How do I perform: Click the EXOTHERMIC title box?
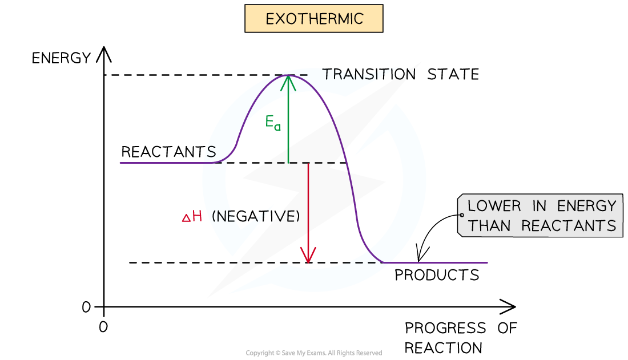pyautogui.click(x=313, y=19)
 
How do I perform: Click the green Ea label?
pyautogui.click(x=273, y=123)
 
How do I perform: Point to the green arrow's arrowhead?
pyautogui.click(x=288, y=82)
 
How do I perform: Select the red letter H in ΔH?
pyautogui.click(x=197, y=217)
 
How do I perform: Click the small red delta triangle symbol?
pyautogui.click(x=186, y=219)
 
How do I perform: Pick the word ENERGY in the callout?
pyautogui.click(x=585, y=206)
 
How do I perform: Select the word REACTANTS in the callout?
pyautogui.click(x=569, y=226)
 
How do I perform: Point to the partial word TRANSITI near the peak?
pyautogui.click(x=360, y=75)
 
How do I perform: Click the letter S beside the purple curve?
pyautogui.click(x=211, y=152)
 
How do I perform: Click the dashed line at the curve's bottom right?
pyautogui.click(x=365, y=262)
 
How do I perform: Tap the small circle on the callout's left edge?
pyautogui.click(x=461, y=215)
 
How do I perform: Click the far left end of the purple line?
pyautogui.click(x=120, y=163)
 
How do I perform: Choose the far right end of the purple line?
pyautogui.click(x=487, y=262)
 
